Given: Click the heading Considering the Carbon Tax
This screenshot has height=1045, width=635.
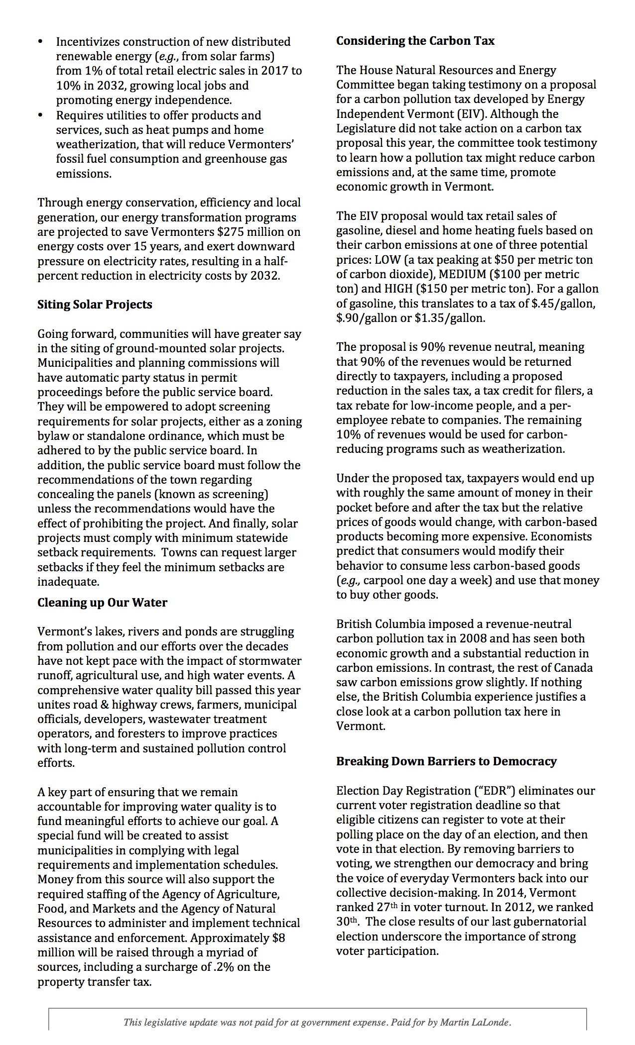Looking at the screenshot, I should tap(415, 41).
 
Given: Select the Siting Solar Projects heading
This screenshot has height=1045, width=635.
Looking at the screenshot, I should tap(95, 305).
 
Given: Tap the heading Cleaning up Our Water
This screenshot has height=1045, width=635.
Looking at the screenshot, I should tap(102, 603).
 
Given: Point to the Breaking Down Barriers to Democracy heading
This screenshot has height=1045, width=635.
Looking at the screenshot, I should tap(446, 761).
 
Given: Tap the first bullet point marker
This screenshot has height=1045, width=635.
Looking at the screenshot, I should tap(41, 42).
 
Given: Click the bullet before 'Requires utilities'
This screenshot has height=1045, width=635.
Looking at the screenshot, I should tap(41, 115).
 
